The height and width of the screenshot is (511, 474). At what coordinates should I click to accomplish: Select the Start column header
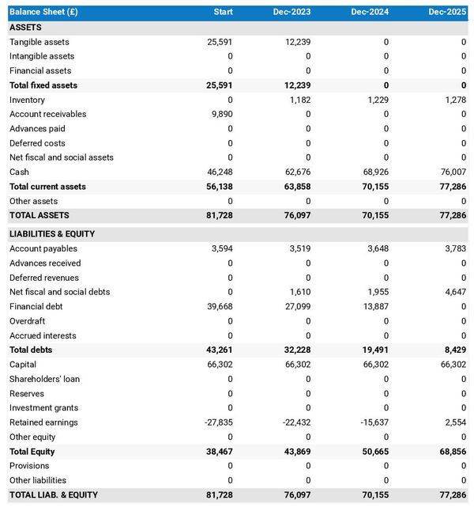pyautogui.click(x=223, y=13)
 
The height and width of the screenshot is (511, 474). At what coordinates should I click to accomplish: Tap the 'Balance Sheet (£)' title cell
pyautogui.click(x=44, y=13)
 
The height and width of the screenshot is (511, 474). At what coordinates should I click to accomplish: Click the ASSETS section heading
pyautogui.click(x=25, y=28)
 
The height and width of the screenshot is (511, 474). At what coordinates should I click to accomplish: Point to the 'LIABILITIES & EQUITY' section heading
pyautogui.click(x=52, y=234)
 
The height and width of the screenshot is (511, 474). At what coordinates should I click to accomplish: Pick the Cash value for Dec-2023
pyautogui.click(x=298, y=172)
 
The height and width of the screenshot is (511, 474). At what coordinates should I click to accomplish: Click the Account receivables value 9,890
pyautogui.click(x=220, y=114)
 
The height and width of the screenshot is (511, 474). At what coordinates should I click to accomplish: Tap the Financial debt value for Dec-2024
pyautogui.click(x=375, y=306)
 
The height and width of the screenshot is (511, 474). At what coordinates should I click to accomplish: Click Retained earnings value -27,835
pyautogui.click(x=217, y=422)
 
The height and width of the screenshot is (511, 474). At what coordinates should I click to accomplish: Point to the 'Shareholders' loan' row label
pyautogui.click(x=44, y=379)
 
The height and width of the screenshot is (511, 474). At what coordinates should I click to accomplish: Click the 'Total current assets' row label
pyautogui.click(x=47, y=187)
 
